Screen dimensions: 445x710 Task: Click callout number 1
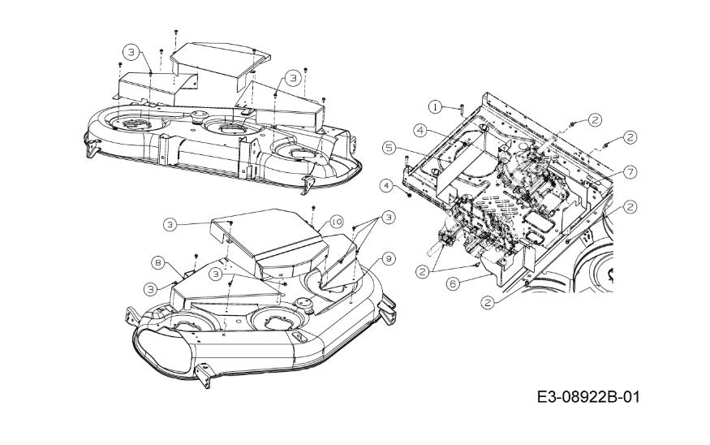(x=436, y=106)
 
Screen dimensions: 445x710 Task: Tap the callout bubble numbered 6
(x=451, y=283)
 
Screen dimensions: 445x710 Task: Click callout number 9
(x=389, y=258)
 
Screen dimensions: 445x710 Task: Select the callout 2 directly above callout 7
(x=630, y=137)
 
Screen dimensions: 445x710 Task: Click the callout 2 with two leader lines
(x=423, y=272)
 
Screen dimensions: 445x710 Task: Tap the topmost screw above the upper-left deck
(x=177, y=32)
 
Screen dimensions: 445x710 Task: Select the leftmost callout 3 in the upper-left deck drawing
(x=130, y=52)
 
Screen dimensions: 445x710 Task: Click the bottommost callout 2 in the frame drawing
(x=488, y=301)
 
